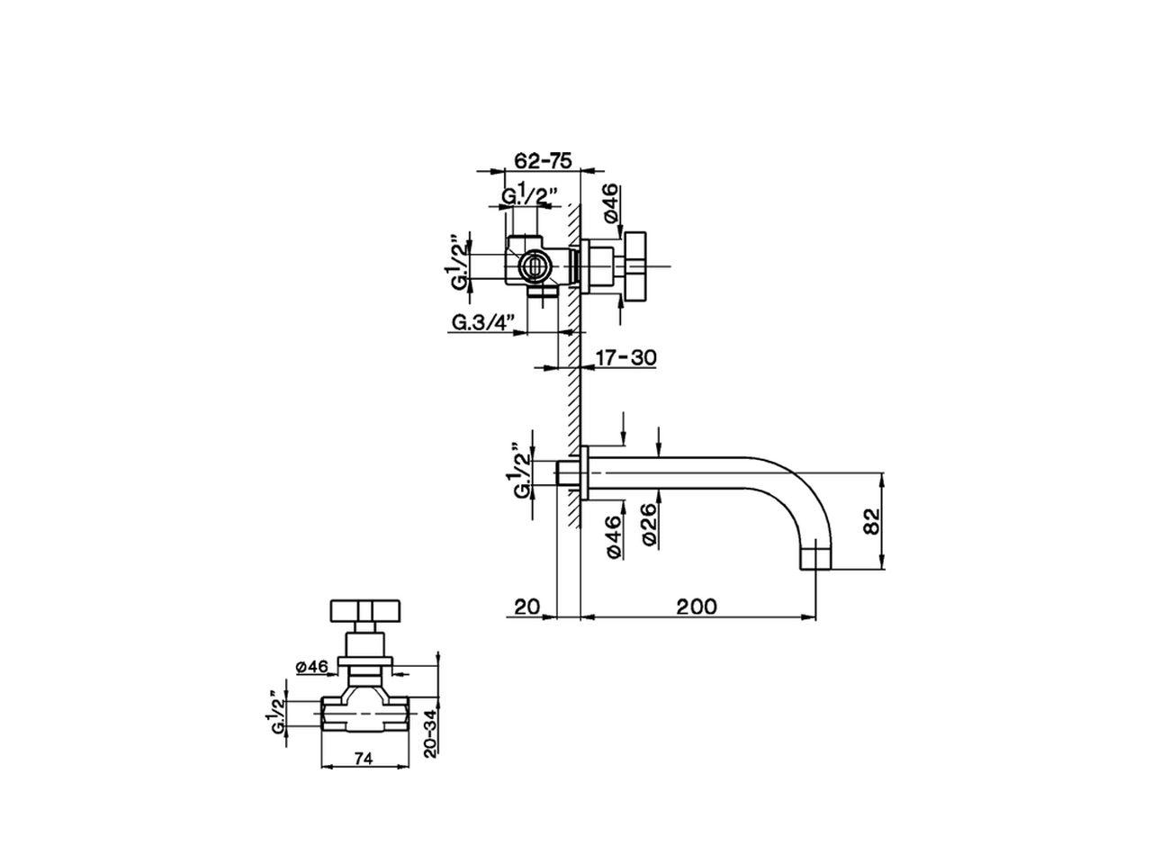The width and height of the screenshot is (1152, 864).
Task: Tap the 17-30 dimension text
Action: click(625, 357)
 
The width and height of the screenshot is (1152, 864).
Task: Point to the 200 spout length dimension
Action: click(697, 607)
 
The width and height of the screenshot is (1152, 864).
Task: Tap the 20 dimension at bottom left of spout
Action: click(526, 607)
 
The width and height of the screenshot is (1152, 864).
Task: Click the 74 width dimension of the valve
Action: click(363, 759)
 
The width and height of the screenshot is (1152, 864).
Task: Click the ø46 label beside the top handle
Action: click(609, 202)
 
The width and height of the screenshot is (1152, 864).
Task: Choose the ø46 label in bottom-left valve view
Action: click(310, 666)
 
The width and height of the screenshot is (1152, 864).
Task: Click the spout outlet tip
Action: click(816, 558)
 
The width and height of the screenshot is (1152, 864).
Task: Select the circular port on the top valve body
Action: click(533, 266)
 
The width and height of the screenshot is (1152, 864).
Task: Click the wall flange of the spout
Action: click(586, 473)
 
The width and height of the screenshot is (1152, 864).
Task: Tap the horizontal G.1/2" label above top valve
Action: click(531, 195)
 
